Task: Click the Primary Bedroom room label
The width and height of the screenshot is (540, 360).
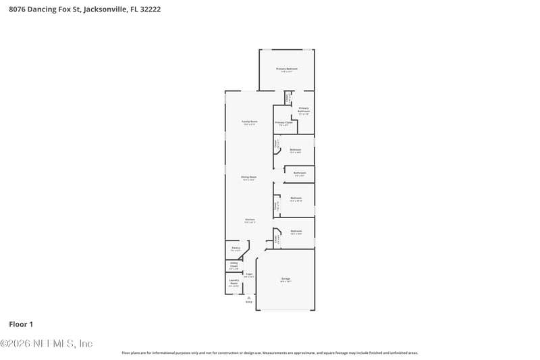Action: click(286, 69)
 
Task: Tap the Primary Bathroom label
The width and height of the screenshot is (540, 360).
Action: click(304, 109)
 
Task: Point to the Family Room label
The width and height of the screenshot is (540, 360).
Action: click(249, 122)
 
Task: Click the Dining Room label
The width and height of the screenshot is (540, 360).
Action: click(249, 177)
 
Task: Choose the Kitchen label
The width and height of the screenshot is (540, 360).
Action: click(249, 220)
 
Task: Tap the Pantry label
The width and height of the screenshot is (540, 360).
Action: click(236, 248)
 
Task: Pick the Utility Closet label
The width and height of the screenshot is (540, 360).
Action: click(234, 264)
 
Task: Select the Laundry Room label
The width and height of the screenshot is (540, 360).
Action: click(234, 282)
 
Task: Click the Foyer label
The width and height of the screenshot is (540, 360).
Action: click(249, 274)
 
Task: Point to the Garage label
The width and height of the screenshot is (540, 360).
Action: click(286, 278)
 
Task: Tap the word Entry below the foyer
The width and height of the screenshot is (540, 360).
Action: click(248, 301)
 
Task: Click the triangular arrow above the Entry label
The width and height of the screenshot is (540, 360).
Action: click(248, 297)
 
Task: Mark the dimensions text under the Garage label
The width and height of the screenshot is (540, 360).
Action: click(286, 282)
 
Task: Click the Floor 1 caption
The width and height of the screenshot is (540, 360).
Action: click(21, 324)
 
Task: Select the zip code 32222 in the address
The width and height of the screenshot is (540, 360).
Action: click(151, 10)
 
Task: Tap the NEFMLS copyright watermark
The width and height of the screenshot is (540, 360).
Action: click(46, 343)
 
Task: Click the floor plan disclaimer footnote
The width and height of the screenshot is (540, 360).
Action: click(269, 353)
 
